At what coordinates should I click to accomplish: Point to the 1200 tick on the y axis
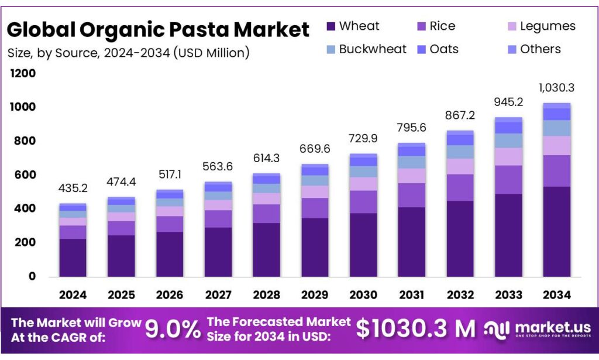click(22, 74)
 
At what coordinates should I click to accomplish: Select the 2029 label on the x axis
click(314, 294)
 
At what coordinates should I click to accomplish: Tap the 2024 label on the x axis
click(73, 294)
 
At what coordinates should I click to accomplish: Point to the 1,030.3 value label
click(556, 88)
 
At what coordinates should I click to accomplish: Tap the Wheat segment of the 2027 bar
click(218, 252)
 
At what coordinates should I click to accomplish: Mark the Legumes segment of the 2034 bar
click(556, 145)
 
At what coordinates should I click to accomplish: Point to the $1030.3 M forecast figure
click(415, 329)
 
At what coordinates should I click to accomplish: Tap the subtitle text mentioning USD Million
click(129, 53)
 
